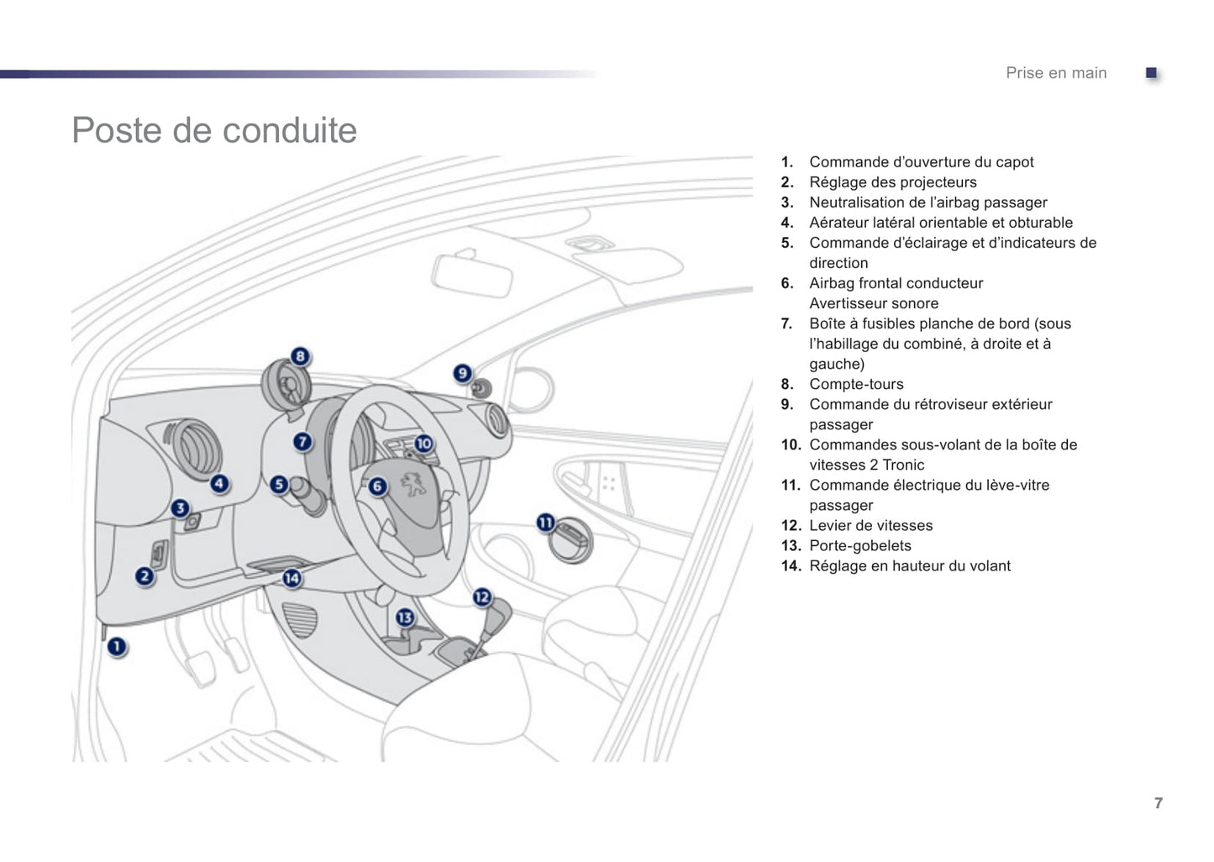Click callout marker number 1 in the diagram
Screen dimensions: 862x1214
[x=117, y=648]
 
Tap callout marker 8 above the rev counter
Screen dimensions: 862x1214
[x=300, y=356]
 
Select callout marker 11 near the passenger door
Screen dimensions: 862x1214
[x=546, y=523]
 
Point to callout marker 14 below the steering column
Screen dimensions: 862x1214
[x=292, y=578]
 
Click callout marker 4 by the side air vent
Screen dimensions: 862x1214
[x=219, y=484]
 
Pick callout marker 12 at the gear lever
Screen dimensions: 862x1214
[x=481, y=597]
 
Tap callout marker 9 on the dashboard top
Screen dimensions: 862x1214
[x=462, y=373]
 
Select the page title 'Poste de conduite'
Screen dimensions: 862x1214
[x=214, y=130]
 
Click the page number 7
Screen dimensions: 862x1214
[x=1159, y=803]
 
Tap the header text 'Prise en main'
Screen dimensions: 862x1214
[x=1056, y=73]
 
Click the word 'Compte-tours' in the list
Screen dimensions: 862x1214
[x=856, y=384]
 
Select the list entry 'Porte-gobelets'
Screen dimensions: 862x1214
[x=859, y=545]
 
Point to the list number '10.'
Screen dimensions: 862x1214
[x=791, y=444]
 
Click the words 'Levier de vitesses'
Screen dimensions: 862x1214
[x=870, y=525]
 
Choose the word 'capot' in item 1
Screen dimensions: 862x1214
[x=1014, y=162]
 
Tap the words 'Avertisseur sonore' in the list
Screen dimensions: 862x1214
[x=874, y=303]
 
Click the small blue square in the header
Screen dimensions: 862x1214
[x=1152, y=73]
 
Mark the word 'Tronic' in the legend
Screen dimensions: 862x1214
[x=903, y=465]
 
